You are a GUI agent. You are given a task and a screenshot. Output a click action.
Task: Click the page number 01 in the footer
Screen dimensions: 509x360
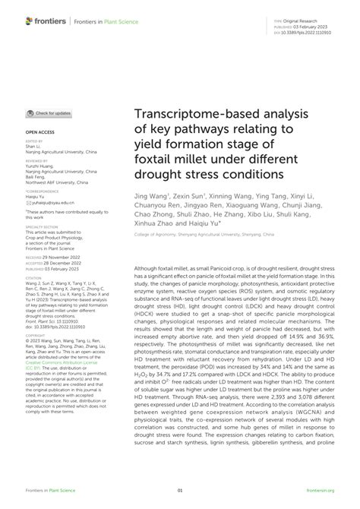coord(180,491)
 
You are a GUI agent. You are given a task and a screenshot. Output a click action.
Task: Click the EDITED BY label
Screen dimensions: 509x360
coord(35,141)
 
